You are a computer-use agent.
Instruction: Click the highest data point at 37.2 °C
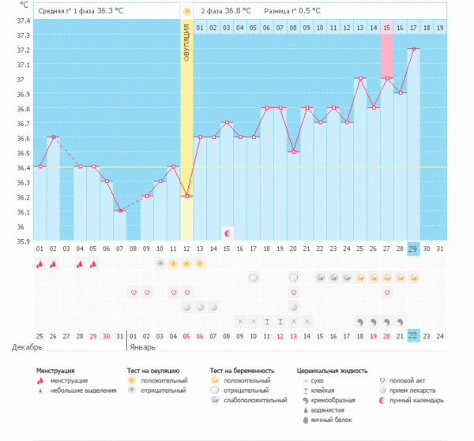[x=413, y=49]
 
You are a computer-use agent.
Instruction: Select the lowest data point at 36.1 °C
[x=119, y=211]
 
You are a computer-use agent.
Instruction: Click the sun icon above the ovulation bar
[x=186, y=12]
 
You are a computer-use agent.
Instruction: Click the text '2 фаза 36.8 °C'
[x=226, y=12]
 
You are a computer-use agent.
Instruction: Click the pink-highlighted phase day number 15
[x=386, y=28]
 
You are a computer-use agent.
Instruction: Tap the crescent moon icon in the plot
[x=227, y=233]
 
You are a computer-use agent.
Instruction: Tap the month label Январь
[x=143, y=347]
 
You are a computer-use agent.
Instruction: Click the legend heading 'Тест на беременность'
[x=242, y=370]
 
